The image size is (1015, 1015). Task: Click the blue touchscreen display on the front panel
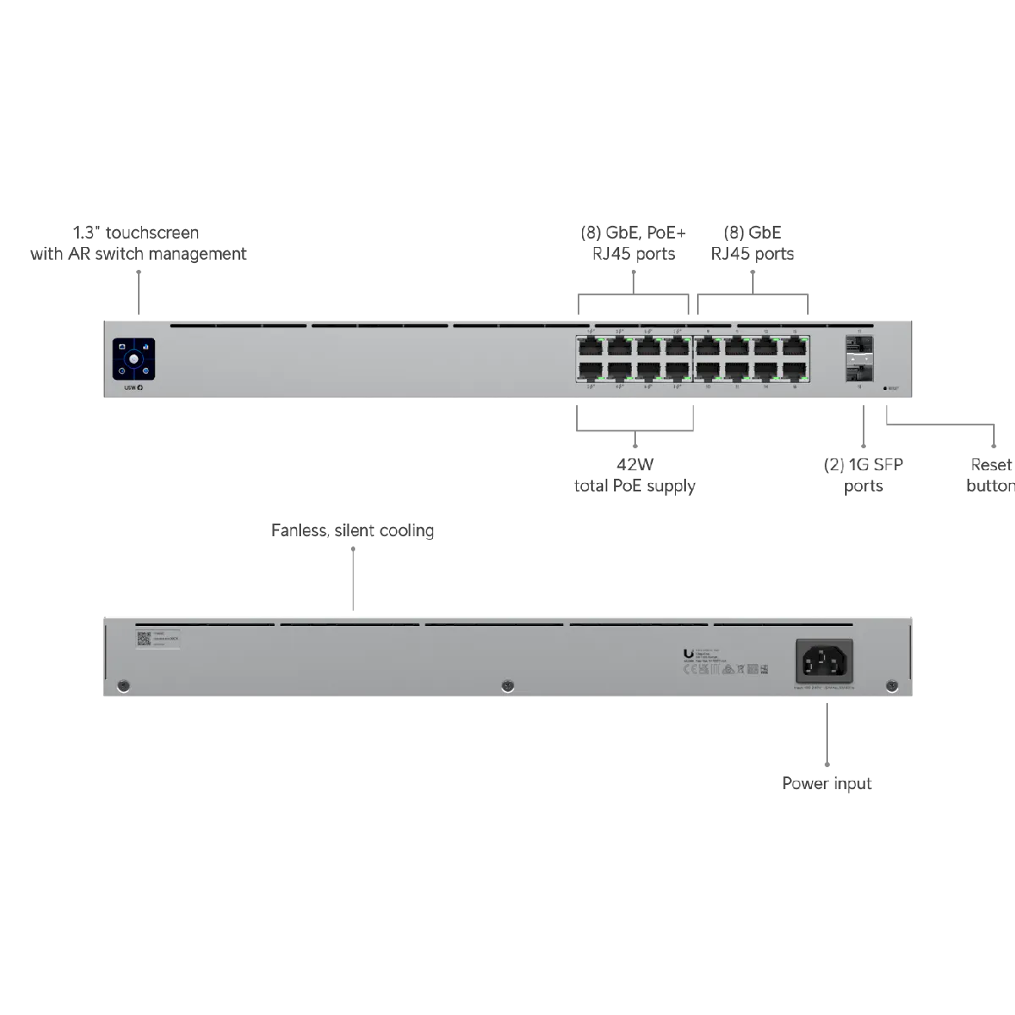[x=134, y=359]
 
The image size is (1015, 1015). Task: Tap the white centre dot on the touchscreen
[x=134, y=359]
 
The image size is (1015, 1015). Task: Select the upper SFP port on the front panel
[x=859, y=346]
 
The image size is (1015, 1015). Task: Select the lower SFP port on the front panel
[x=859, y=370]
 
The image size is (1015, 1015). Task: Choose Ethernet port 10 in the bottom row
[x=708, y=371]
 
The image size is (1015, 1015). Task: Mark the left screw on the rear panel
[x=124, y=684]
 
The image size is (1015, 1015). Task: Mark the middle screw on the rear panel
[x=506, y=684]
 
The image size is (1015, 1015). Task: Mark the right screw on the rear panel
[x=890, y=684]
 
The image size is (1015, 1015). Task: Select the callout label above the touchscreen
[x=138, y=243]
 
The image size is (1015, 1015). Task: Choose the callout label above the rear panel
[x=354, y=531]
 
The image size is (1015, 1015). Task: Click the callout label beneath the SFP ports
[x=861, y=475]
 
